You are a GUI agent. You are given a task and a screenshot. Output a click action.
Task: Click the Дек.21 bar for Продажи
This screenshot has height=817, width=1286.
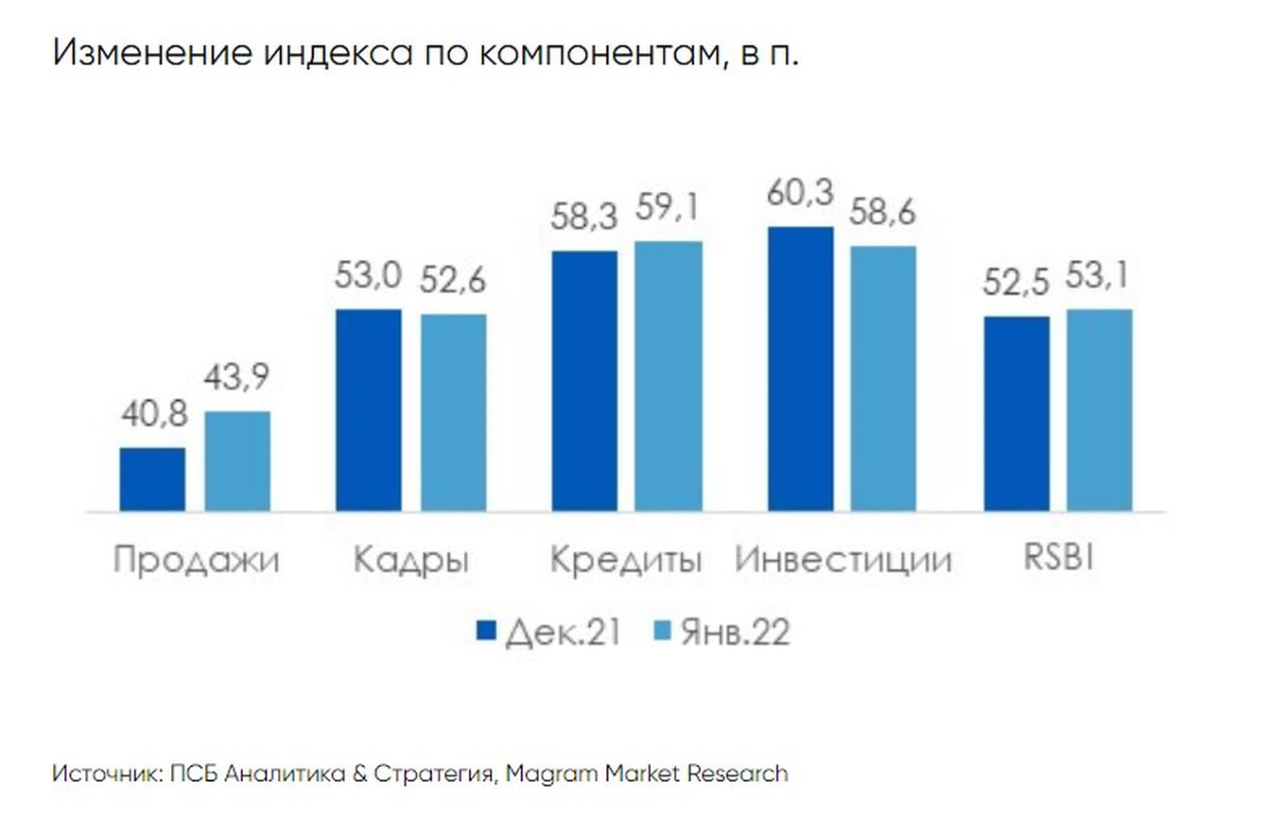(152, 479)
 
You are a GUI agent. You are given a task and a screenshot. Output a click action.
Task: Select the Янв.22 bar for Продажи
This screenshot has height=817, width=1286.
(237, 461)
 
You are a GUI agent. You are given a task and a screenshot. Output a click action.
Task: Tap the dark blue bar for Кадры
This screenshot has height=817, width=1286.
(369, 410)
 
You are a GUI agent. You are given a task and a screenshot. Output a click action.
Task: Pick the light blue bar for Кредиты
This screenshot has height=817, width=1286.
(669, 376)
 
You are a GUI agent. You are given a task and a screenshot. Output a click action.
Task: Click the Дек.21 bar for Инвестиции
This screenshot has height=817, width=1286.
(801, 370)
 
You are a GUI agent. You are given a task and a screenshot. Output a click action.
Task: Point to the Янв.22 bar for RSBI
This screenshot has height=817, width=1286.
(1100, 410)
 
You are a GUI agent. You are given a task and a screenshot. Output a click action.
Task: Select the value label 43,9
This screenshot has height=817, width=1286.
(237, 378)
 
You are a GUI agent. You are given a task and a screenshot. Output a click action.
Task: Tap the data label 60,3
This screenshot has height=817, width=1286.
(801, 194)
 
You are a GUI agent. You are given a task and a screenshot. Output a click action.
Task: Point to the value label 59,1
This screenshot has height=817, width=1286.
(669, 208)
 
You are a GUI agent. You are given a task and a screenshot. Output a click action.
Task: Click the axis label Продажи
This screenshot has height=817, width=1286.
(196, 560)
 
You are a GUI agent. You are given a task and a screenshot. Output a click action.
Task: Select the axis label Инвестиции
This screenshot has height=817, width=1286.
(843, 560)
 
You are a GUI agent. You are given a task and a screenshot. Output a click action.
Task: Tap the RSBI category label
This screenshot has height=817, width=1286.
(1058, 559)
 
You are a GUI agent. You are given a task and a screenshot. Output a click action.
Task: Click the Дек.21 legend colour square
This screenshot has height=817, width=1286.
(486, 632)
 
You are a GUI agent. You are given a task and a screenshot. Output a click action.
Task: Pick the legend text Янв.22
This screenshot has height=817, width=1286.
(734, 633)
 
